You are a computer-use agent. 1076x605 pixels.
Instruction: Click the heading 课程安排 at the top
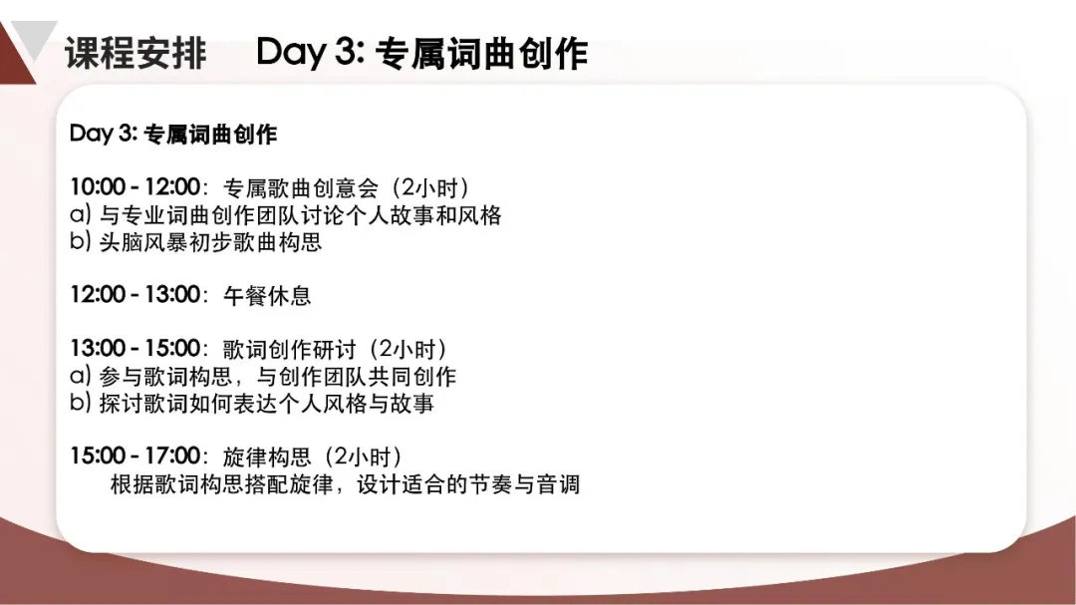click(135, 53)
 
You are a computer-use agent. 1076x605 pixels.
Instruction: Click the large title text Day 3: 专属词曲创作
click(422, 53)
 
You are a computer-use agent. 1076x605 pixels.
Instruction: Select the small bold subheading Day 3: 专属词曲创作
click(173, 134)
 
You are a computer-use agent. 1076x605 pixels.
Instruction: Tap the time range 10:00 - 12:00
click(135, 186)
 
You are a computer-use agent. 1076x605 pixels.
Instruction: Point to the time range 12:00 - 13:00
click(135, 295)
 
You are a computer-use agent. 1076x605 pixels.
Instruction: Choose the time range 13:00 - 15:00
click(135, 348)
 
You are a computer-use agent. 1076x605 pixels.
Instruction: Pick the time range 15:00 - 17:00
click(135, 455)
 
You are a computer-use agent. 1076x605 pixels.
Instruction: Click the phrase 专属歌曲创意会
click(301, 187)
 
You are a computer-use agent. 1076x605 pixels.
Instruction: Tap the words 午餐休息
click(267, 295)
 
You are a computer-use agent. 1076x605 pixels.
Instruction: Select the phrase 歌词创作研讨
click(290, 349)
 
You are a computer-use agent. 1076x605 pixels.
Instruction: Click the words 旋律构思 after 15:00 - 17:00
click(267, 456)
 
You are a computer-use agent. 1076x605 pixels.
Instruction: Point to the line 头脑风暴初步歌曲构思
click(210, 242)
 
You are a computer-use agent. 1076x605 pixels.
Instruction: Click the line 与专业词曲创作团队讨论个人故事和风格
click(301, 215)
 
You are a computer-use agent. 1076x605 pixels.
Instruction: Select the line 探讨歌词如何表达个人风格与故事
click(266, 403)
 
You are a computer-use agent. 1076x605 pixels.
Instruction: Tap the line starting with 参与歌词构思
click(277, 377)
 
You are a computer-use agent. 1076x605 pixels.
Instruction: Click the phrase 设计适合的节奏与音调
click(468, 484)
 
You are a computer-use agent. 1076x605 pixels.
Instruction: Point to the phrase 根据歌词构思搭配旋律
click(221, 484)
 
